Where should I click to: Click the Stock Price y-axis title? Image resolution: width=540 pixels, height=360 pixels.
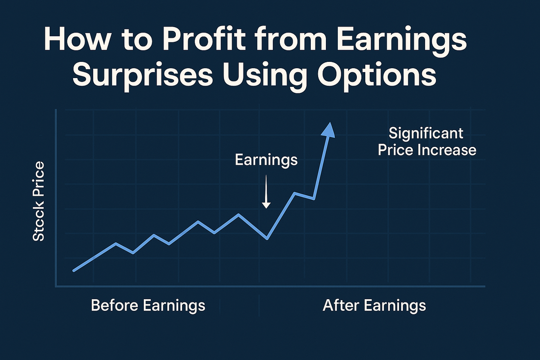click(39, 201)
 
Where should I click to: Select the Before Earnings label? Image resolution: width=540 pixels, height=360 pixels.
click(148, 305)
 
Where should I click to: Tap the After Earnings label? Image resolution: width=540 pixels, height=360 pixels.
click(375, 305)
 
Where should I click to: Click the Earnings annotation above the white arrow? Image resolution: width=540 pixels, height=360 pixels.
click(266, 160)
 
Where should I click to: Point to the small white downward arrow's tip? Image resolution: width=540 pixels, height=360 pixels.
click(266, 208)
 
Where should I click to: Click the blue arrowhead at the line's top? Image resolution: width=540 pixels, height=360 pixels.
click(328, 130)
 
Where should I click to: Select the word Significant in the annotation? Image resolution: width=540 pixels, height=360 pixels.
click(426, 133)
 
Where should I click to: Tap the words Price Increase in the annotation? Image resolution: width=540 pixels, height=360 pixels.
click(427, 150)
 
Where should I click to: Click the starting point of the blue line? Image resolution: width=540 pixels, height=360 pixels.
click(74, 271)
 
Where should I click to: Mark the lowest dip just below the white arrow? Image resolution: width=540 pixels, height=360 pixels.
click(267, 239)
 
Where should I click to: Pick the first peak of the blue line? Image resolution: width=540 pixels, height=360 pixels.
click(116, 243)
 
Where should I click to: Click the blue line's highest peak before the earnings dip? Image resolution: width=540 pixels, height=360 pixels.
click(238, 214)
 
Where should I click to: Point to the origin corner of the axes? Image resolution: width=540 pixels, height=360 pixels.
click(56, 286)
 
